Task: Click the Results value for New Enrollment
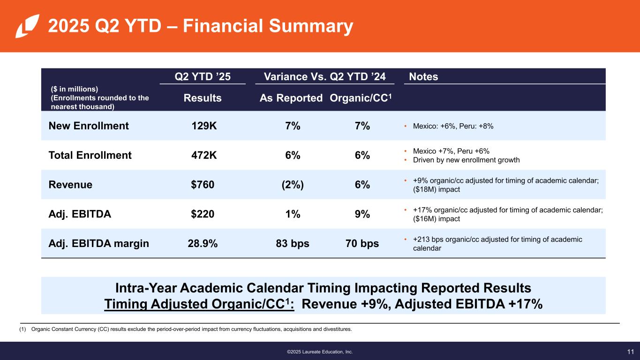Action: [x=204, y=126]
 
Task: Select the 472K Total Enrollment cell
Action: [x=204, y=155]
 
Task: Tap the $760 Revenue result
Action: [x=203, y=185]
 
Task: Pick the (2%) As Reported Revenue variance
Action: [x=293, y=185]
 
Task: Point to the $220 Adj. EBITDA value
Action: [x=203, y=214]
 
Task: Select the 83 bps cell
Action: [x=293, y=244]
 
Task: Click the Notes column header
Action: [x=423, y=76]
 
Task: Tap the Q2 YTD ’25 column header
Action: [x=203, y=76]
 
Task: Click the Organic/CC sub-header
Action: [x=361, y=98]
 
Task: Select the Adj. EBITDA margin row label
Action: [x=98, y=244]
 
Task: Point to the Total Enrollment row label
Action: [x=90, y=155]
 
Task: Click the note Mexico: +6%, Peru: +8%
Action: [x=453, y=126]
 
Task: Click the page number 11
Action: [x=630, y=352]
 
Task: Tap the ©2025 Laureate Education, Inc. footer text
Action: [x=320, y=352]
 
